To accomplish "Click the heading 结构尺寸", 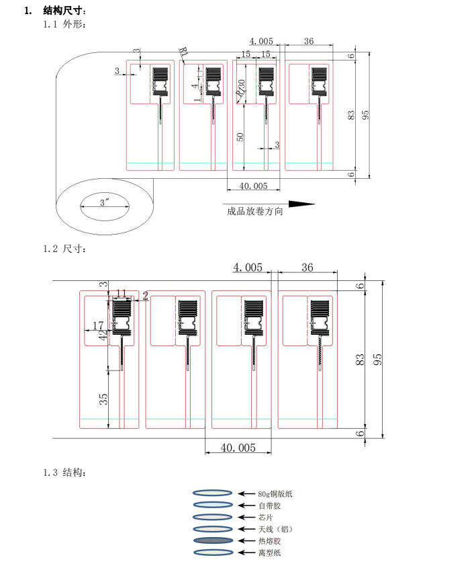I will [x=64, y=11].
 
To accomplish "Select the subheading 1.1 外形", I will [x=65, y=24].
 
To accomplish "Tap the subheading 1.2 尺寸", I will [x=65, y=249].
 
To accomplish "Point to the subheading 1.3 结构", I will [x=65, y=473].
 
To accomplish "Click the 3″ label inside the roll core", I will [x=105, y=202].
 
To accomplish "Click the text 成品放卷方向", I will [x=255, y=211].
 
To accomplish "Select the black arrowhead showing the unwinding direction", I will [x=301, y=203].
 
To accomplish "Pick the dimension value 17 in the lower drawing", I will [x=98, y=325].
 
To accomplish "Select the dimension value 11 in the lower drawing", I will [x=122, y=293].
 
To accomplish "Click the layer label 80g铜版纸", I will [x=275, y=494].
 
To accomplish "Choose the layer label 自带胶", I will [x=267, y=505].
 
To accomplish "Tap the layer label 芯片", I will [x=265, y=518].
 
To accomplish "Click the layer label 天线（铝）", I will [x=275, y=530].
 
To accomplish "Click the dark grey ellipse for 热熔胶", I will [x=213, y=540].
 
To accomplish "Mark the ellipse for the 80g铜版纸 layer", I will [x=213, y=493].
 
